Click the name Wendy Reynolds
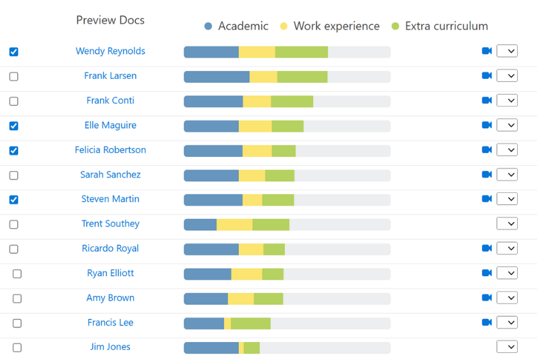[x=110, y=51]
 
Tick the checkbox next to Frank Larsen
[x=14, y=77]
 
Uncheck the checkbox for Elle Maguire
[x=14, y=126]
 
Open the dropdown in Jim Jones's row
[x=507, y=347]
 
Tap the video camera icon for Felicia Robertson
[x=486, y=150]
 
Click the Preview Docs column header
[x=110, y=20]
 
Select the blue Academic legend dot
[x=208, y=26]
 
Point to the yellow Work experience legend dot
[x=284, y=26]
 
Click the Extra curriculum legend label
[x=446, y=26]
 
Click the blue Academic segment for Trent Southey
[x=200, y=224]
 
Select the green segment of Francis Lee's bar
[x=250, y=323]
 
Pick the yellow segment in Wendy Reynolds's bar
[x=257, y=52]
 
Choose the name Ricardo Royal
[x=110, y=249]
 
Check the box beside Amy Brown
[x=17, y=299]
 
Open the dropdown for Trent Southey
[x=507, y=224]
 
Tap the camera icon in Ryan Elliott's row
[x=486, y=273]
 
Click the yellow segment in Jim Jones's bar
[x=241, y=348]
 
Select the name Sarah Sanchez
[x=110, y=174]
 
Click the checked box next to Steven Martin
[x=14, y=200]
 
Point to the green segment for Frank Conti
[x=292, y=101]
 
